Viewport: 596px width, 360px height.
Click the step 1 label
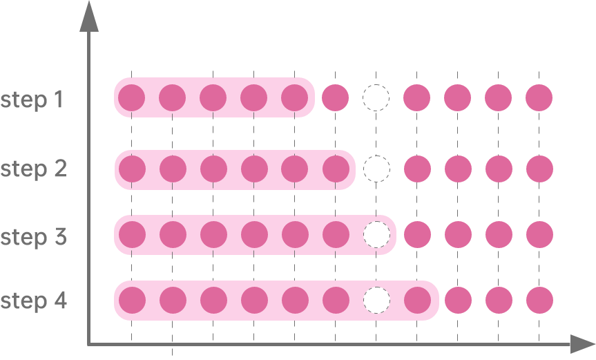(32, 100)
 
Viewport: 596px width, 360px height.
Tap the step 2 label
(33, 169)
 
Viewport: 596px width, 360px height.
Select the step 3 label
(33, 236)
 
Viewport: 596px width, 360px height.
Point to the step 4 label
(33, 301)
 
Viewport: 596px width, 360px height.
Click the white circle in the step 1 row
(376, 97)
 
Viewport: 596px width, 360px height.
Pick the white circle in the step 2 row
(376, 169)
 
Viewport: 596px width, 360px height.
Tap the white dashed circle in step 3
(376, 235)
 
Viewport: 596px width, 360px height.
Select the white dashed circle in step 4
(376, 301)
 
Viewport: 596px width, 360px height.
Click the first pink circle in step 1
(131, 97)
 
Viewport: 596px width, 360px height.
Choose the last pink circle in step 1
(539, 97)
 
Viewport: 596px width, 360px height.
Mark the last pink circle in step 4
(539, 301)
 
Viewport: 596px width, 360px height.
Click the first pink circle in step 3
(131, 235)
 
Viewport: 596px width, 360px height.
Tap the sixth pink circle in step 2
(336, 169)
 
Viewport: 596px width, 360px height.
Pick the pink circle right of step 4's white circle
(417, 301)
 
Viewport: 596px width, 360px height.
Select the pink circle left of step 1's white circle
(336, 97)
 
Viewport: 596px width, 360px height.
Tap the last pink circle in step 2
(539, 169)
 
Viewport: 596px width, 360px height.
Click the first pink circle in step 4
(131, 301)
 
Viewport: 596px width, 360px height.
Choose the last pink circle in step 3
(539, 235)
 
